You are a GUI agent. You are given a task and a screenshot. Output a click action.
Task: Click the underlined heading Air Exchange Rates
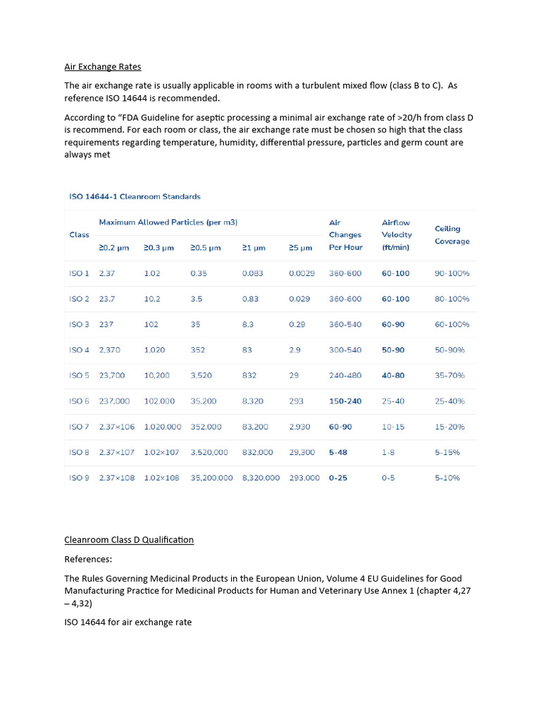coord(103,67)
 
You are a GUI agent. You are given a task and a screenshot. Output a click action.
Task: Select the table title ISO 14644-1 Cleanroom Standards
coord(135,196)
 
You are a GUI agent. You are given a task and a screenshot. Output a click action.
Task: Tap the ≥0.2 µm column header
coord(113,248)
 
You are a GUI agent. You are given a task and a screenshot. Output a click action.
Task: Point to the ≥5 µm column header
coord(300,248)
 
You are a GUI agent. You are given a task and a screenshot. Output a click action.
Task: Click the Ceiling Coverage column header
coord(452,235)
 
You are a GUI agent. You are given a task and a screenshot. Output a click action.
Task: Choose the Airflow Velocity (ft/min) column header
coord(397,234)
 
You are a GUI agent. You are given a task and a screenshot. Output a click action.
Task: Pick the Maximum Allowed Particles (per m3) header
coord(168,222)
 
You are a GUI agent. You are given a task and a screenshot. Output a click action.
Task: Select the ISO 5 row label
coord(79,376)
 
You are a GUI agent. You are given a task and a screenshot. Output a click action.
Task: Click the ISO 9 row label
coord(79,478)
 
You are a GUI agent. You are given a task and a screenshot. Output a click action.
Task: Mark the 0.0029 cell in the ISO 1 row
coord(301,273)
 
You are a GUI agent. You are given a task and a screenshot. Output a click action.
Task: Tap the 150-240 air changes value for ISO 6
coord(345,401)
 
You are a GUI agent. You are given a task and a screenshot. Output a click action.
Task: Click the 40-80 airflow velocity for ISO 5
coord(393,376)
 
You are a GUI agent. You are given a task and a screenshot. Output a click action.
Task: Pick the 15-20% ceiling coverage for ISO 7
coord(452,427)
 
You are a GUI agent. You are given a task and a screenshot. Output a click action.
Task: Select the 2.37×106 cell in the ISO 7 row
coord(118,427)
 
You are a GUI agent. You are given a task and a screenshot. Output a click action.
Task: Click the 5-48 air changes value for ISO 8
coord(339,453)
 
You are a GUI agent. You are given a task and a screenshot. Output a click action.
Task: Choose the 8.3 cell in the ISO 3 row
coord(247,325)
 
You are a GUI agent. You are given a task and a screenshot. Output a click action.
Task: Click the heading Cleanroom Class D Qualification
coord(129,540)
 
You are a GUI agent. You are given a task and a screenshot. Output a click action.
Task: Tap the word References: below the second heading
coord(88,559)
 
